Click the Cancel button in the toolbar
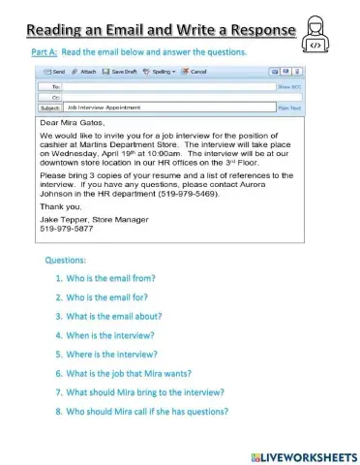click(x=195, y=72)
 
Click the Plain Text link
click(x=290, y=108)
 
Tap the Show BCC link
click(x=290, y=87)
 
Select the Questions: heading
click(x=65, y=261)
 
